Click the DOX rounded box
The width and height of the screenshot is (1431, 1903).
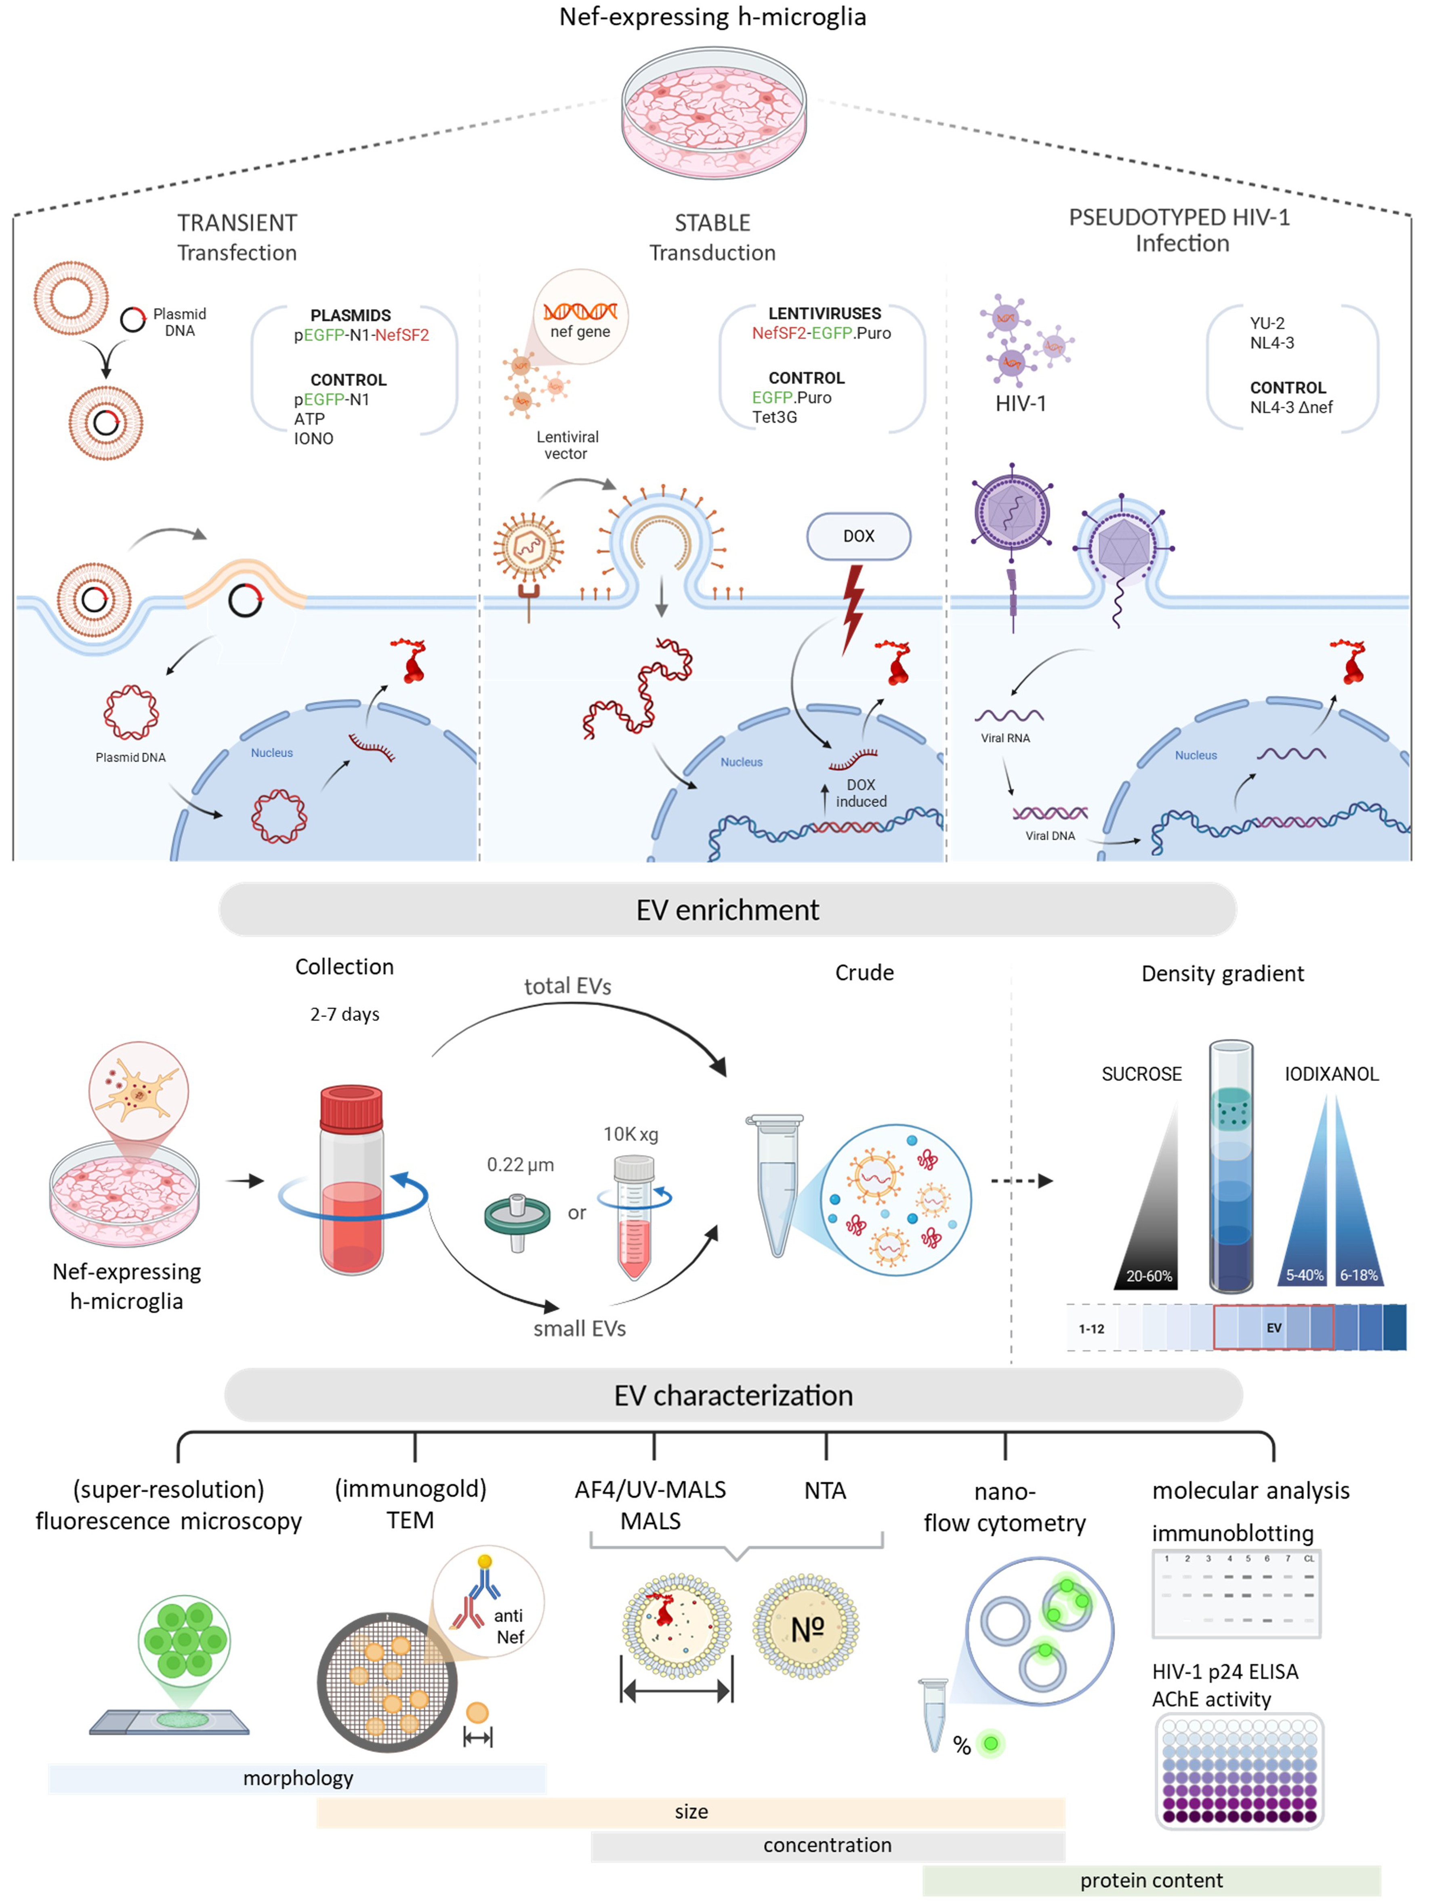click(x=858, y=536)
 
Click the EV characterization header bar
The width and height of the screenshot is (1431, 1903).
click(x=733, y=1395)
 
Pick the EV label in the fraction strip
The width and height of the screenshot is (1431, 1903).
click(x=1273, y=1327)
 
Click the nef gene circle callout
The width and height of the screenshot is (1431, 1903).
click(x=581, y=317)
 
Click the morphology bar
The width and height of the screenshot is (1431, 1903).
click(x=298, y=1778)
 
